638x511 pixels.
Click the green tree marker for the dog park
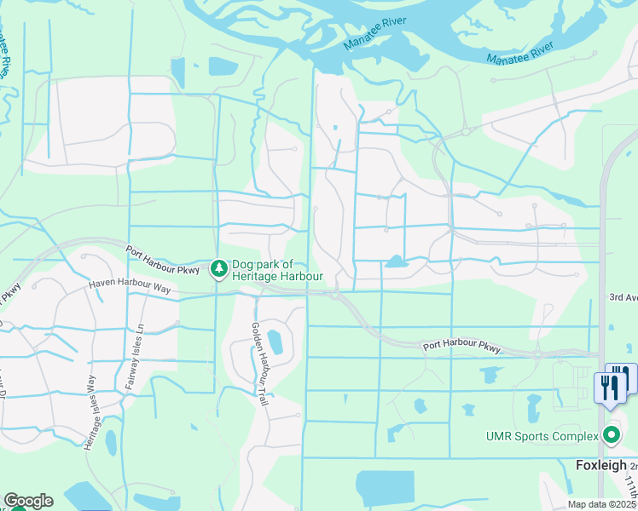coord(219,269)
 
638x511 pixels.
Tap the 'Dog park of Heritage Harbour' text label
coord(277,270)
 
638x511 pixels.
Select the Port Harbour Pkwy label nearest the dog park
coord(162,260)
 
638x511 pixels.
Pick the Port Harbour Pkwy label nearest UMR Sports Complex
coord(461,347)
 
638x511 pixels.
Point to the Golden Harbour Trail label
coord(259,364)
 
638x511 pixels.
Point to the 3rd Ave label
coord(623,297)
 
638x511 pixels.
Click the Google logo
coord(28,501)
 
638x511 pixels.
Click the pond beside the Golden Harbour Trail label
coord(275,342)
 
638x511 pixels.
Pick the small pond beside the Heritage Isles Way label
coord(111,443)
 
